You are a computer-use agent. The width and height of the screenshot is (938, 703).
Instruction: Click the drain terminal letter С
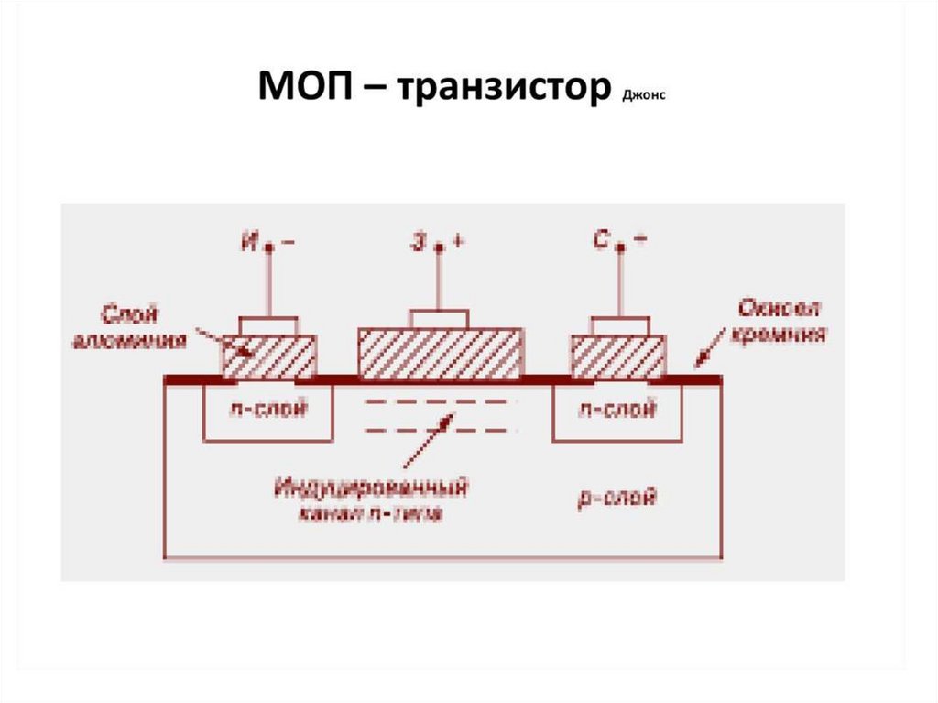click(x=600, y=243)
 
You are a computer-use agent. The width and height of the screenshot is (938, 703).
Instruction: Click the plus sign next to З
click(x=457, y=242)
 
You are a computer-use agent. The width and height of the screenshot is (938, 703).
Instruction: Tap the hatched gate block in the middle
click(x=440, y=353)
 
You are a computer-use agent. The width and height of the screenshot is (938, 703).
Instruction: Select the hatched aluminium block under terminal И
click(x=269, y=356)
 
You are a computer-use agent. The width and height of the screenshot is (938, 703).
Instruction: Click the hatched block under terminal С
click(x=618, y=356)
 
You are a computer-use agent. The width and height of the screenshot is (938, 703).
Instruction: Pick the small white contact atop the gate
click(x=439, y=319)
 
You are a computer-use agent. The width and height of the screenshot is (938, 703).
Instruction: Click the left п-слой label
click(x=267, y=412)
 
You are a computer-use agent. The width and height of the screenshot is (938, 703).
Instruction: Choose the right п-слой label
click(x=616, y=412)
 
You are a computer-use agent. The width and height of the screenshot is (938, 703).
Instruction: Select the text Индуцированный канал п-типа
click(x=370, y=500)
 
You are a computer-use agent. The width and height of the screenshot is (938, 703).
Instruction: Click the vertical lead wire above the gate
click(x=439, y=280)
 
